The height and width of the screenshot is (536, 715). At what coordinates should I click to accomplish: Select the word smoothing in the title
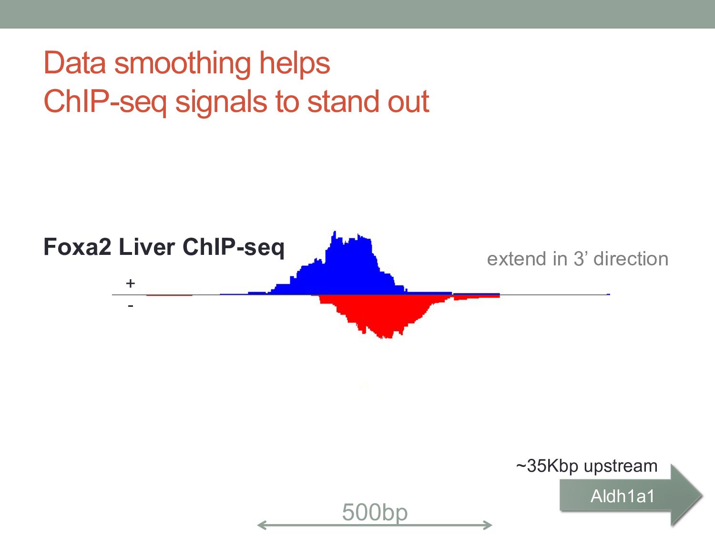[x=182, y=64]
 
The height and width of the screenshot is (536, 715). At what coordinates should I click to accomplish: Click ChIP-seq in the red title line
[x=105, y=102]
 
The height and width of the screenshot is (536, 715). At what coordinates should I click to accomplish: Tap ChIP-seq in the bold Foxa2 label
[x=234, y=247]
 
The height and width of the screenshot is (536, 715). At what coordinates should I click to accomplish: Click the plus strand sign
[x=131, y=283]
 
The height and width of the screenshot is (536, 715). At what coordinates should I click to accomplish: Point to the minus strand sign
[x=131, y=305]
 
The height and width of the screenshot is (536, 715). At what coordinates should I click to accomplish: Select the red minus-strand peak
[x=381, y=314]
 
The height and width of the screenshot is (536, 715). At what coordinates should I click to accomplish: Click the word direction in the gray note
[x=631, y=259]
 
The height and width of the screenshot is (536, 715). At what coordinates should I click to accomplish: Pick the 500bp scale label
[x=375, y=512]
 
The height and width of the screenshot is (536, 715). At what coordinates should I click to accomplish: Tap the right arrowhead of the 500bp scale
[x=490, y=525]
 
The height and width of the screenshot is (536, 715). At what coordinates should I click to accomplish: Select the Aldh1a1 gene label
[x=623, y=496]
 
